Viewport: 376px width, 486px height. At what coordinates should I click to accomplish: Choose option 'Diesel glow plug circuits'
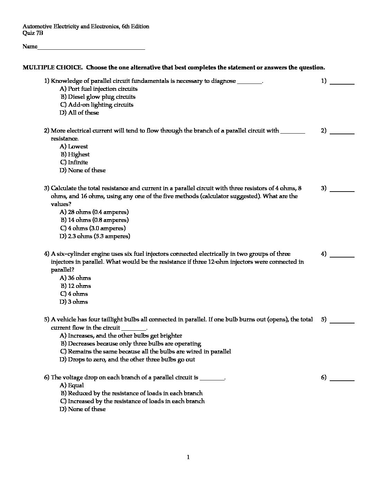tap(102, 97)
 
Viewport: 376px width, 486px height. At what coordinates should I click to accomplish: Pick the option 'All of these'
tap(83, 113)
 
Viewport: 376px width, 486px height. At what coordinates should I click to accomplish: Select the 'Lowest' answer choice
tap(78, 147)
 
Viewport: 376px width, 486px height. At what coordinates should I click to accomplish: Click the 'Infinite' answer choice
tap(78, 163)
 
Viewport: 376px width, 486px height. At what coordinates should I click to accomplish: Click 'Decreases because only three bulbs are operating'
tap(134, 344)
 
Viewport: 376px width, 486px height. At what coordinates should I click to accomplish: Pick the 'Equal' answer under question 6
tap(76, 386)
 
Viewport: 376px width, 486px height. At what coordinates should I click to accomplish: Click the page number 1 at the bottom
tap(188, 458)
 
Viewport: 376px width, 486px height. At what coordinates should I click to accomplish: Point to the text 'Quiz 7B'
tap(33, 33)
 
